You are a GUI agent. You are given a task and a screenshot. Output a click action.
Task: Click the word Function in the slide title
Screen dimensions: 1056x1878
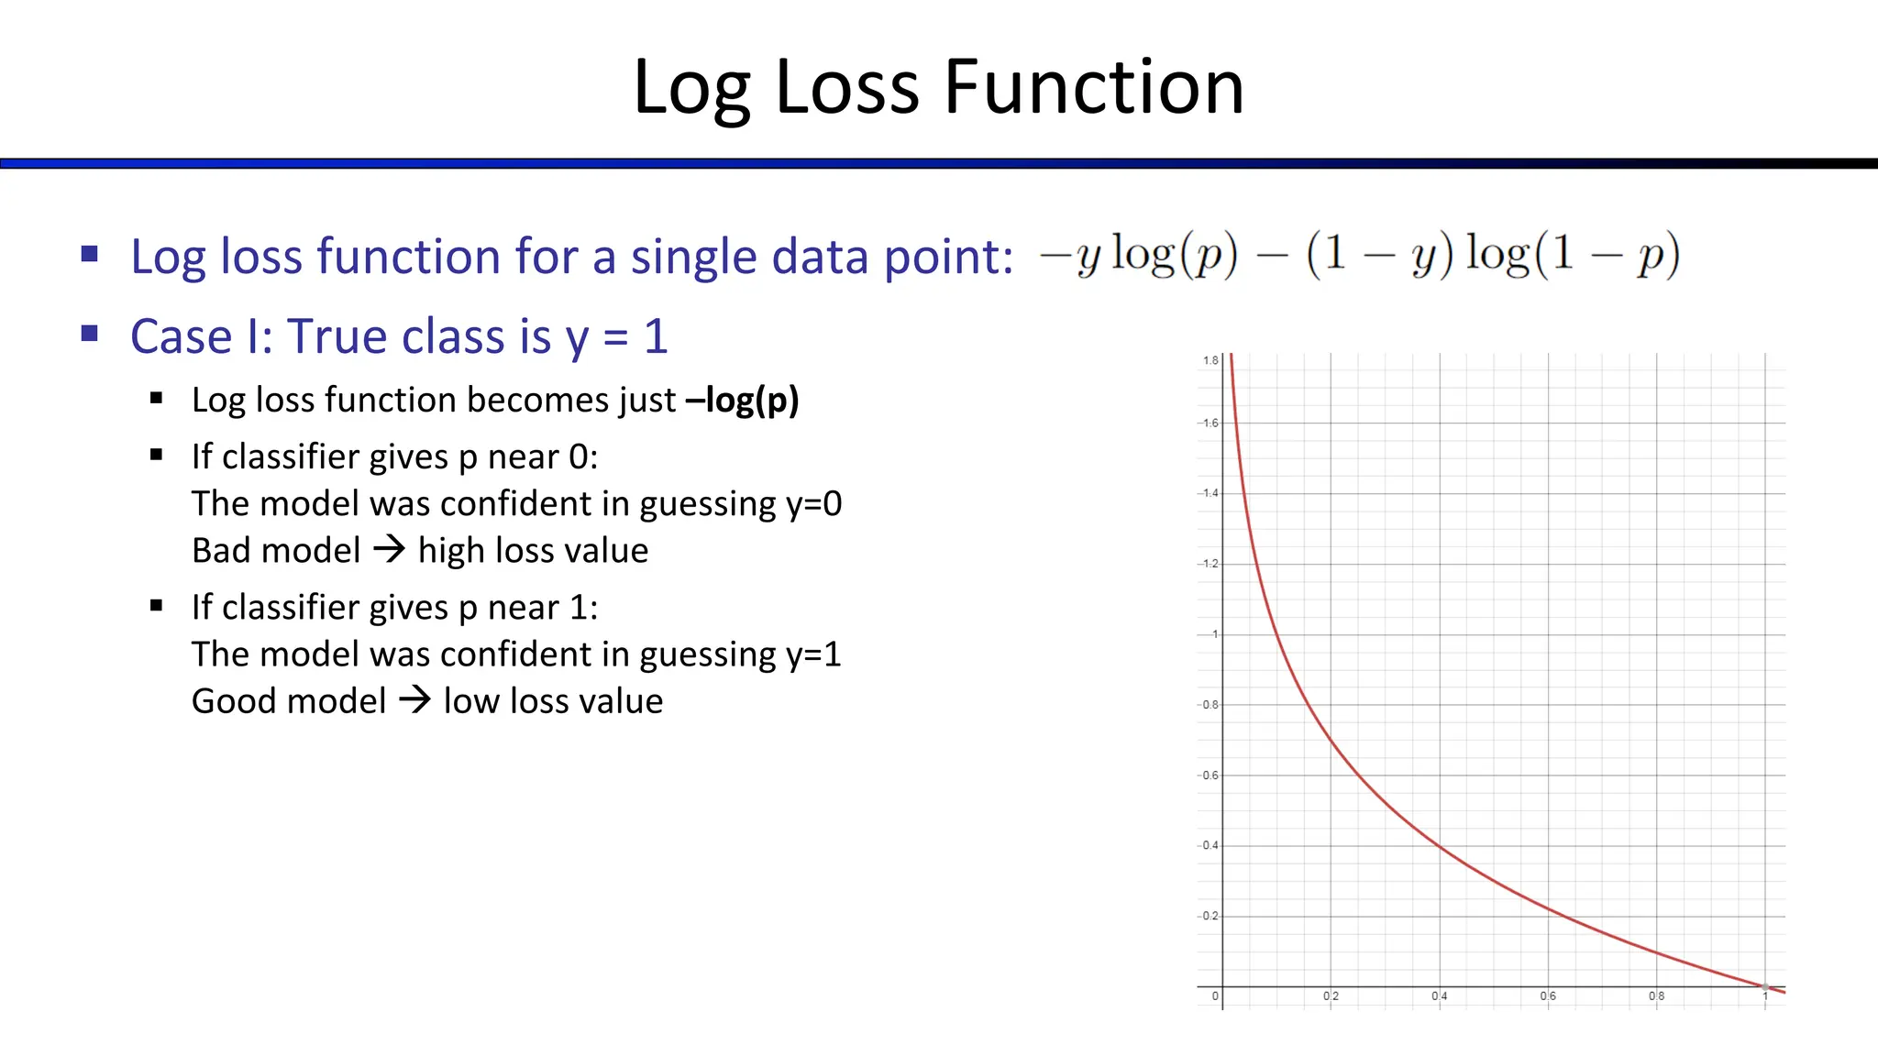[x=1094, y=87]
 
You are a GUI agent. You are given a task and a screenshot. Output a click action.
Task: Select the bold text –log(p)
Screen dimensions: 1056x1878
[x=742, y=401]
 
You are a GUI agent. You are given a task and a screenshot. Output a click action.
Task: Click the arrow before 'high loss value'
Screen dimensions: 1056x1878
[x=389, y=550]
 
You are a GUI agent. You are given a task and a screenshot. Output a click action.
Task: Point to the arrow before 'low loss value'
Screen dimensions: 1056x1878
[x=414, y=700]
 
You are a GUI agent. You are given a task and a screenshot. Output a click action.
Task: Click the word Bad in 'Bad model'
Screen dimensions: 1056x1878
[x=220, y=551]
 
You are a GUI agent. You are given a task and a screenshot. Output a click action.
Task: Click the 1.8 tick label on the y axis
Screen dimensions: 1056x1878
[x=1210, y=360]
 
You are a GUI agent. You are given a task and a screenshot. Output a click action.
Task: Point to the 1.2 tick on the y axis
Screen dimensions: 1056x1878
[x=1210, y=564]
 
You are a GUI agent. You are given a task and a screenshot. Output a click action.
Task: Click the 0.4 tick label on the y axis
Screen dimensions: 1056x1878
[x=1210, y=845]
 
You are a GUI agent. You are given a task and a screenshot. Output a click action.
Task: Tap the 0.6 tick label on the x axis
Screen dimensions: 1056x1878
[x=1548, y=996]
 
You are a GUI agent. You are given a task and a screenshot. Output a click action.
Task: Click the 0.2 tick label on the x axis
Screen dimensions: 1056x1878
[x=1331, y=996]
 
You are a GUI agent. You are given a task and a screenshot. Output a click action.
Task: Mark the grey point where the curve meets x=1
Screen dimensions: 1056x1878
[x=1765, y=986]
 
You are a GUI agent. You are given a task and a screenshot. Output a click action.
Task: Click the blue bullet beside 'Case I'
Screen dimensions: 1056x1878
[x=89, y=334]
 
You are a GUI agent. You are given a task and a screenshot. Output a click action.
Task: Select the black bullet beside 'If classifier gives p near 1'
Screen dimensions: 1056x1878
[x=156, y=606]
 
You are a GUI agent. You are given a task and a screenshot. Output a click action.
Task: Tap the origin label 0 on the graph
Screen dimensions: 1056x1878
[x=1215, y=996]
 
